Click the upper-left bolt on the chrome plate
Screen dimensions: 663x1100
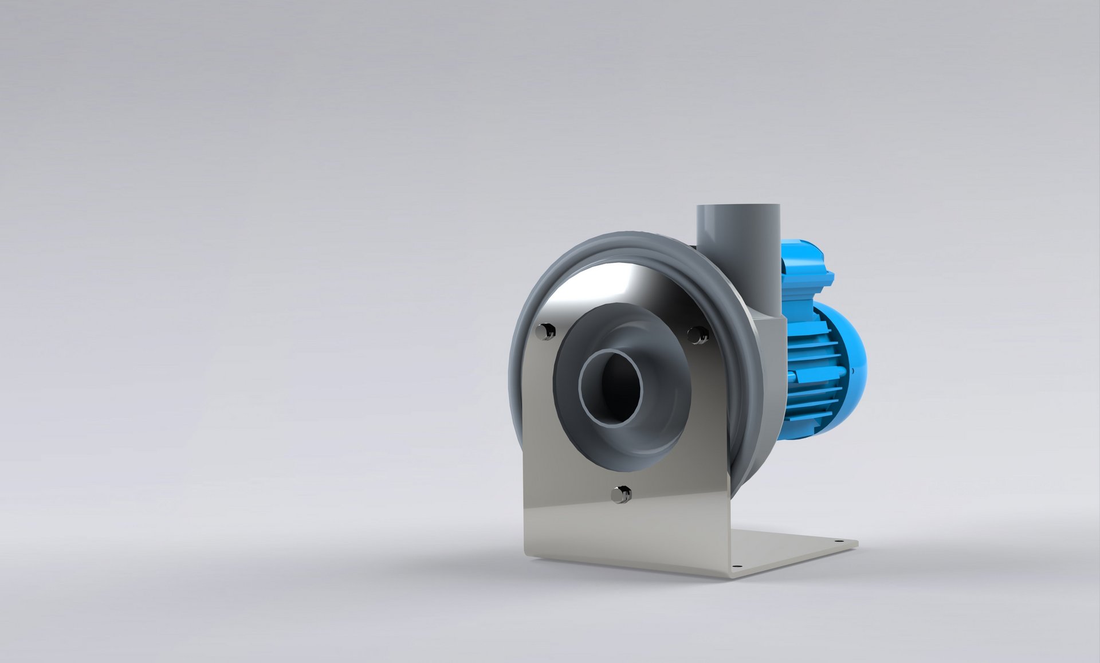pos(545,331)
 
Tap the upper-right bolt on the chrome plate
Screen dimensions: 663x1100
pos(697,334)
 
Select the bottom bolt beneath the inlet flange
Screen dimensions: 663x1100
pos(620,493)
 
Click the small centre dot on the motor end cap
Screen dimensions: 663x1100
pos(854,371)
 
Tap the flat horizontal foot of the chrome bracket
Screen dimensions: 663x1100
pos(791,550)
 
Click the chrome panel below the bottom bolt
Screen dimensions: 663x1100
pos(624,533)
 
